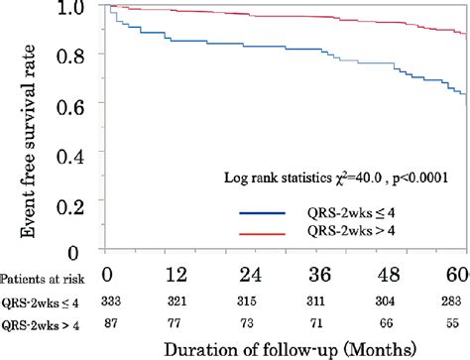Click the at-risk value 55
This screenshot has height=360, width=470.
(455, 319)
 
